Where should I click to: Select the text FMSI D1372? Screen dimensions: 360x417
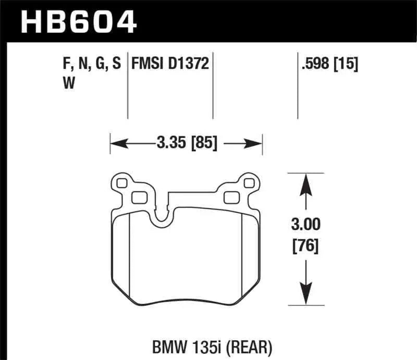pos(170,64)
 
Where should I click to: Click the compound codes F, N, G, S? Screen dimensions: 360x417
pos(91,64)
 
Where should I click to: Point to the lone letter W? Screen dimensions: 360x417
pos(67,83)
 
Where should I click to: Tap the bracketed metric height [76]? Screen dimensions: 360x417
pos(306,245)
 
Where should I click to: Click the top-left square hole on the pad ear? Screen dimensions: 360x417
pos(122,183)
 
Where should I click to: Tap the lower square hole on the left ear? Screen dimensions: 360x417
pos(139,197)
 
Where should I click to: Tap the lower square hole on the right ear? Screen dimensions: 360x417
pos(230,197)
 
